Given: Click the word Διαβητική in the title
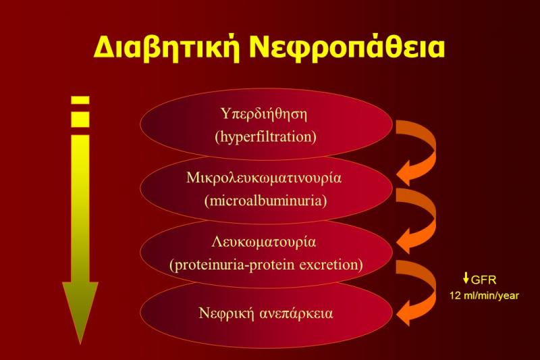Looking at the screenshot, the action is coord(167,47).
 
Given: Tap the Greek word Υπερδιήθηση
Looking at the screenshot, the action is coord(265,113).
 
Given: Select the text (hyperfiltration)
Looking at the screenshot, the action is coord(265,136).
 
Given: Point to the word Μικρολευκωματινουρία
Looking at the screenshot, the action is coord(264,178).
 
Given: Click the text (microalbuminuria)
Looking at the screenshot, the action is coord(265,201).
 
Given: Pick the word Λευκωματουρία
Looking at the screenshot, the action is coord(264,242).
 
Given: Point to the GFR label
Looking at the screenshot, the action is coord(483,280).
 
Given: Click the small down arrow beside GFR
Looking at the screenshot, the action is coord(466,278).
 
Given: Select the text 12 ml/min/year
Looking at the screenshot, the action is coord(484,295).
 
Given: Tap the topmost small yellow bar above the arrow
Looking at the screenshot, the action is coord(80,100).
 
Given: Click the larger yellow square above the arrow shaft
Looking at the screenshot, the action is coord(80,119).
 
